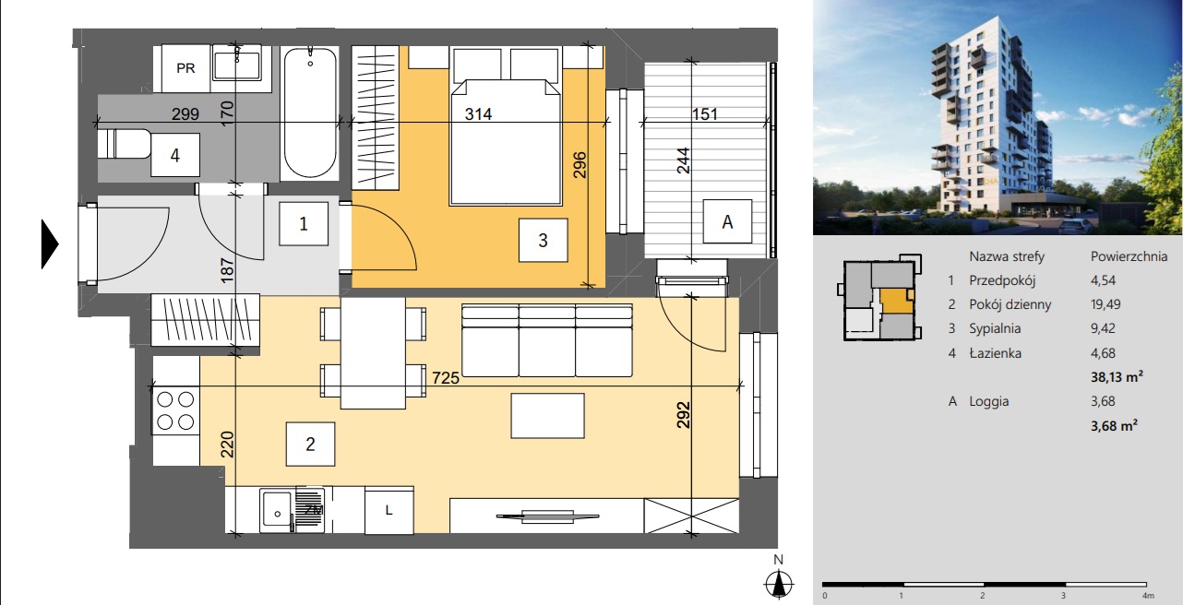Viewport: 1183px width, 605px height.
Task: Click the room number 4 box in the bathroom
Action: pos(175,155)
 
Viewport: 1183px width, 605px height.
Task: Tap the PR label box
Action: pos(185,68)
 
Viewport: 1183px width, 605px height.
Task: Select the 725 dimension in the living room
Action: pos(446,378)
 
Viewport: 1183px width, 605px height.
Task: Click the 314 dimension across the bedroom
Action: pos(479,114)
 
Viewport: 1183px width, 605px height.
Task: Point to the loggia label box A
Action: pos(727,221)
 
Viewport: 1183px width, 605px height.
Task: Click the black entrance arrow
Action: pos(50,244)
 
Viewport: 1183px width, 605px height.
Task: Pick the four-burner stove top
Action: pos(176,410)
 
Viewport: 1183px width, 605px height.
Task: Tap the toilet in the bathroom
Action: pos(125,144)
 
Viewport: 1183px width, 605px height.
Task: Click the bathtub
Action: pos(310,113)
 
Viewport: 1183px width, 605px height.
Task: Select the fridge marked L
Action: pos(388,510)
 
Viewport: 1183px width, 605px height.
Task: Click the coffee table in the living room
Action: pos(547,415)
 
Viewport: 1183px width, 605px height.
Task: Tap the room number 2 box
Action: pos(310,444)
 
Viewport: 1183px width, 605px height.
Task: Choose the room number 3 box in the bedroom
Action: pos(543,240)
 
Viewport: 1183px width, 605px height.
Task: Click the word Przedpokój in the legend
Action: pos(1002,280)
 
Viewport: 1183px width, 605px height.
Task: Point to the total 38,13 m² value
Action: pos(1117,376)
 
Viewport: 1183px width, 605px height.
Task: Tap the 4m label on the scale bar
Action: pos(1148,596)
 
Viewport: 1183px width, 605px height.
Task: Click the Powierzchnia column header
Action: pos(1129,256)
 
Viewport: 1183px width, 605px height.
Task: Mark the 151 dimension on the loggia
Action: pos(704,114)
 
